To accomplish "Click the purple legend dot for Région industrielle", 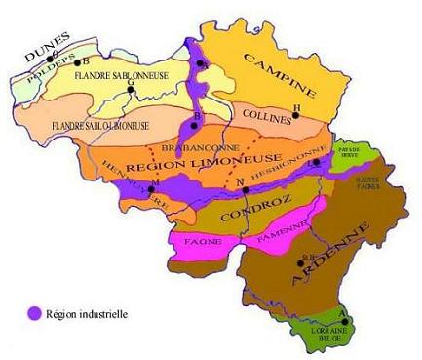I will [35, 314].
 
